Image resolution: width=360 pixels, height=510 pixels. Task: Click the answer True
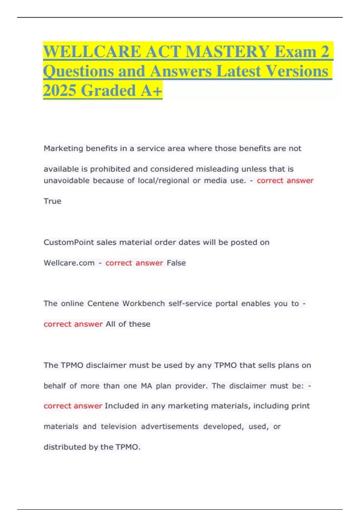52,201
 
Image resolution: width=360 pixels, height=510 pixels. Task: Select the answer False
176,263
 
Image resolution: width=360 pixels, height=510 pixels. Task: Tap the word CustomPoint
69,242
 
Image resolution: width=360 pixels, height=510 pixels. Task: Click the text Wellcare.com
69,263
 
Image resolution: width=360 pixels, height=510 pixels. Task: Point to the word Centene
103,304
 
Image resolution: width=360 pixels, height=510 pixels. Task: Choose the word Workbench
143,304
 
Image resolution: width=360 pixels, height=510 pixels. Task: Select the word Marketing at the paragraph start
63,148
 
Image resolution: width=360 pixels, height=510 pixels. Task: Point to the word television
118,427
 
